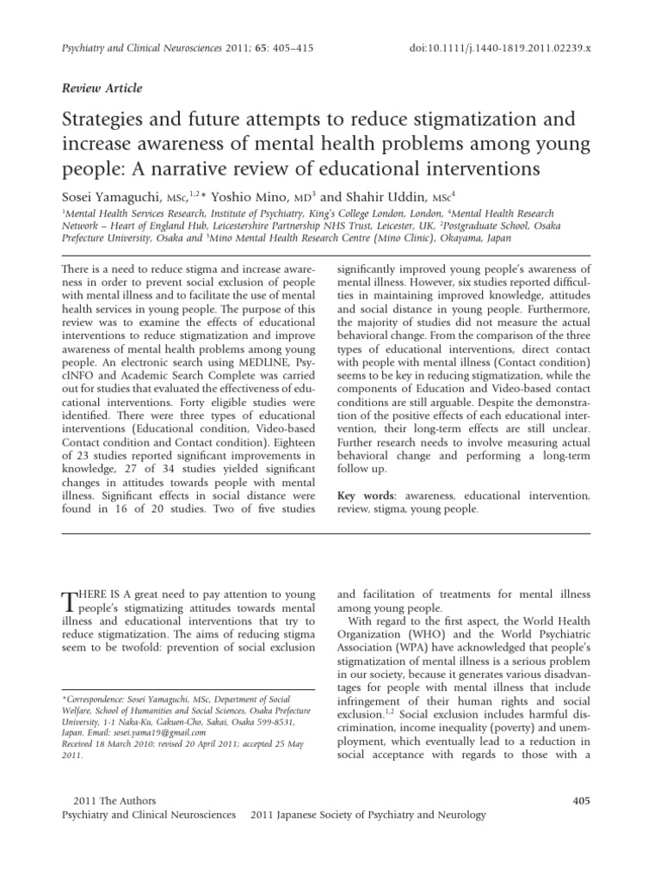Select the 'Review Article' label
103,88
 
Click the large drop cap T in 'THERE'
71,604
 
